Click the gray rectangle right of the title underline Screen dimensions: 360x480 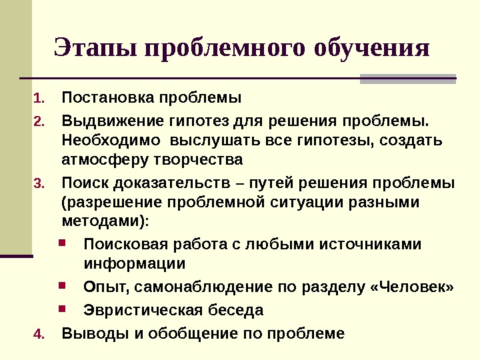tap(407, 78)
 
